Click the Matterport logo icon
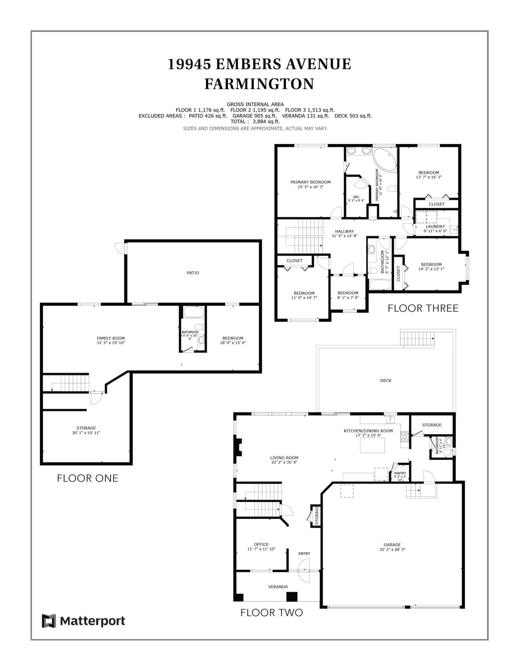pyautogui.click(x=49, y=621)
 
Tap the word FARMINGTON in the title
pyautogui.click(x=259, y=84)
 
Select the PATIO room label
pyautogui.click(x=193, y=273)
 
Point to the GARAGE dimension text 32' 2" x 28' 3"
pyautogui.click(x=392, y=549)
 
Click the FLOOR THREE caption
pyautogui.click(x=423, y=308)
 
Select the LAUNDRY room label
pyautogui.click(x=435, y=226)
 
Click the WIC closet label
pyautogui.click(x=356, y=197)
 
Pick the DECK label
pyautogui.click(x=386, y=380)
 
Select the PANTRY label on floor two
pyautogui.click(x=400, y=473)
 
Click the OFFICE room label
pyautogui.click(x=261, y=544)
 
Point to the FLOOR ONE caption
pyautogui.click(x=88, y=478)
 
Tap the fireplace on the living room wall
pyautogui.click(x=238, y=447)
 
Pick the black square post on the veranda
pyautogui.click(x=292, y=596)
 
